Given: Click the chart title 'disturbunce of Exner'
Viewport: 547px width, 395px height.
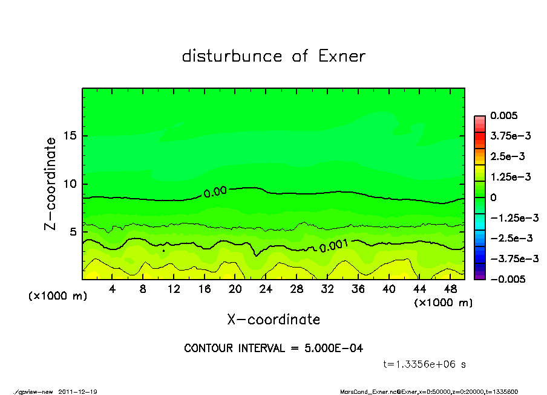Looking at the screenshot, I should (x=273, y=56).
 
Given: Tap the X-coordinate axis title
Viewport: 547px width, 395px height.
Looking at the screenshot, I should (x=273, y=319).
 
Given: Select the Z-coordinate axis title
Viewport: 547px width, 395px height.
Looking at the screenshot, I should (x=51, y=183).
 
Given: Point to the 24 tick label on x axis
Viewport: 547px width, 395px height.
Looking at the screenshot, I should (x=266, y=289).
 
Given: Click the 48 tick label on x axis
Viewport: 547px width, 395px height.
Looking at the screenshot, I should (x=450, y=289).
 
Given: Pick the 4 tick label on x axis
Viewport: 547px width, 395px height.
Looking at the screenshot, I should (x=113, y=289).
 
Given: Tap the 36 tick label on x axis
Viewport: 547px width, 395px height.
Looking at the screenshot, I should (x=358, y=289).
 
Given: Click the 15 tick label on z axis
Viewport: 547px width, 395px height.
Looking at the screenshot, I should (x=71, y=136).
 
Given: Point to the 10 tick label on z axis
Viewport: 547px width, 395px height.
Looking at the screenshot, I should (x=71, y=184).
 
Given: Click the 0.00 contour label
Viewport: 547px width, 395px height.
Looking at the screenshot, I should (x=215, y=192).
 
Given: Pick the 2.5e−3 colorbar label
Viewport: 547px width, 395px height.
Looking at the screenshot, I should (x=507, y=156).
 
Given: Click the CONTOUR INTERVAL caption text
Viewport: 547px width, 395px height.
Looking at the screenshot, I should (x=273, y=348).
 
